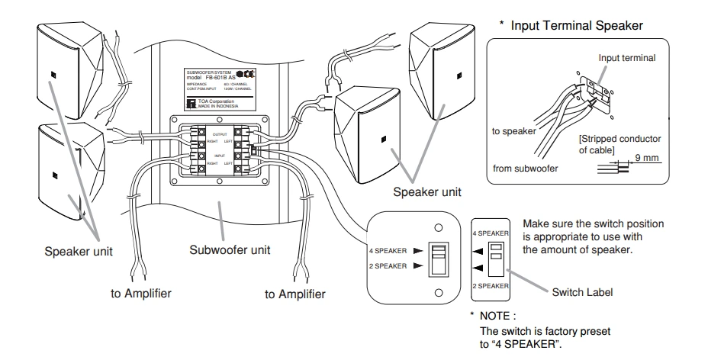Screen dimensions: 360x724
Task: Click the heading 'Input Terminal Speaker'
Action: coord(577,25)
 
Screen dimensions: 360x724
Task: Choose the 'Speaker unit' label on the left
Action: coord(76,250)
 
